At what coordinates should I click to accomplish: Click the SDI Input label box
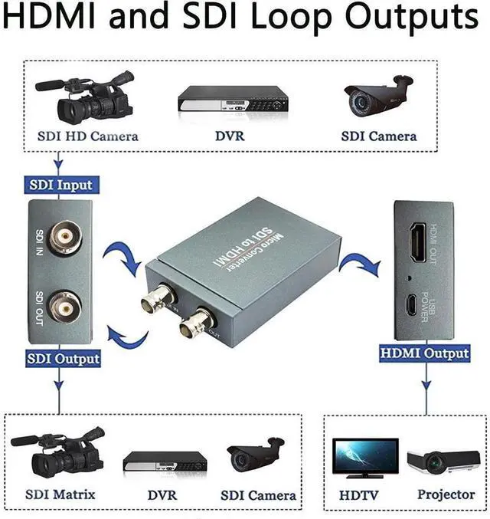(x=60, y=185)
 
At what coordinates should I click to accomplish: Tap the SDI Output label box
(x=63, y=358)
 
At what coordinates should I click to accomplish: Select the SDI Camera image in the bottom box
(x=255, y=455)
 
